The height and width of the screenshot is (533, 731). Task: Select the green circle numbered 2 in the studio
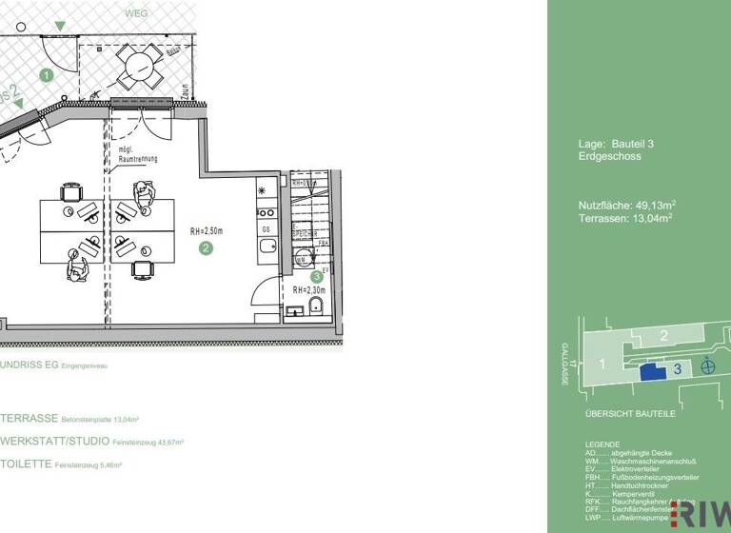[x=205, y=248]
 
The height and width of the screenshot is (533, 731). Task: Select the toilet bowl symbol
[x=316, y=305]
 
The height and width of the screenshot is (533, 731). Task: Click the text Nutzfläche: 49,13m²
[x=626, y=205]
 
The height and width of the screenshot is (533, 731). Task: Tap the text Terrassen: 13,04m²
[x=625, y=218]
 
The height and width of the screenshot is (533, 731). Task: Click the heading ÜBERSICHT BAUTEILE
[x=630, y=415]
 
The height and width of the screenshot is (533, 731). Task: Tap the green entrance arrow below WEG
[x=61, y=26]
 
